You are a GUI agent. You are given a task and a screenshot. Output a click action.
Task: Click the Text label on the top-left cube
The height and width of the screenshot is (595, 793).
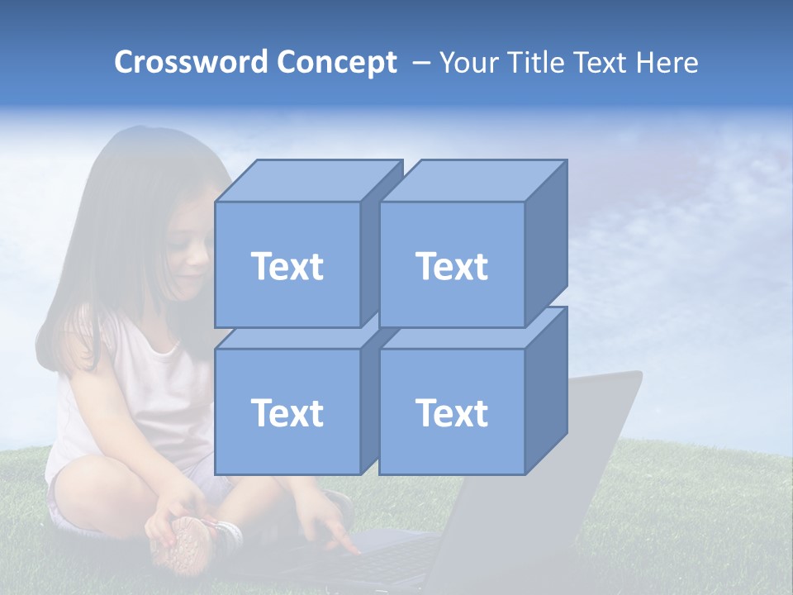(x=287, y=266)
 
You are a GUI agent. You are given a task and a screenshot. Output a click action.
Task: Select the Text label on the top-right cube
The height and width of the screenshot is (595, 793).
(x=451, y=266)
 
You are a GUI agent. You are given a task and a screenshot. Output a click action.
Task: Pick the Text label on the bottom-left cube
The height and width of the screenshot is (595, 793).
(x=287, y=412)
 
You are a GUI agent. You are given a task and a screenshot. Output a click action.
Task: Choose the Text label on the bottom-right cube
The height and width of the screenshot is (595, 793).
(x=451, y=412)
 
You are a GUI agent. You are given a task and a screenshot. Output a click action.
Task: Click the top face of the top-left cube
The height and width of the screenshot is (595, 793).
(x=306, y=180)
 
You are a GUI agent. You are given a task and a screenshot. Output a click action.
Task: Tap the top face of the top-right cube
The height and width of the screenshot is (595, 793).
(x=471, y=180)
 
